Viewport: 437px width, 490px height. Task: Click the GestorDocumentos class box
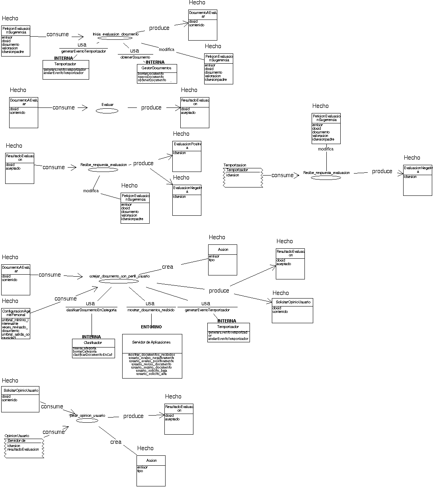coord(156,74)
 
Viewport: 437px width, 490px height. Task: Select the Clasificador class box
coord(93,348)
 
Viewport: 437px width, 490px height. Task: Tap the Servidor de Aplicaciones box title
coord(151,342)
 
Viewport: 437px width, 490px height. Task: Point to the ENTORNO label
coord(151,327)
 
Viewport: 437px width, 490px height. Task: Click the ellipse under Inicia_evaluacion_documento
coord(115,38)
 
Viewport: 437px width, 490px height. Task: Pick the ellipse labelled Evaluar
coord(107,111)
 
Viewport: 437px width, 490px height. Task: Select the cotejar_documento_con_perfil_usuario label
coord(119,276)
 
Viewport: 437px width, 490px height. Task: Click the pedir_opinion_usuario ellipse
coord(87,420)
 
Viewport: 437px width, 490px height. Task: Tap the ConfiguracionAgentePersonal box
coord(16,323)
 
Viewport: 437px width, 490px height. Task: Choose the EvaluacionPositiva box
coord(187,156)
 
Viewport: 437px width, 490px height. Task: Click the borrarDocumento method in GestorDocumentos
coord(151,74)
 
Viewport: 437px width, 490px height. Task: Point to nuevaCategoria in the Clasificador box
coord(84,348)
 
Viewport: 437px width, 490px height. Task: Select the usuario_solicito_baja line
coord(151,371)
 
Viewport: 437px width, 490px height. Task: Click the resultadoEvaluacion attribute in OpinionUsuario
coord(23,449)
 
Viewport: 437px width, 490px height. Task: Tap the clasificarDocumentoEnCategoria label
coord(91,310)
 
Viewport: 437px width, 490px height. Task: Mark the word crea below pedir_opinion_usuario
coord(116,442)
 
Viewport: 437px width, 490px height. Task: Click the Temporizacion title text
coord(235,165)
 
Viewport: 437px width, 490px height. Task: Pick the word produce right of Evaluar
coord(151,107)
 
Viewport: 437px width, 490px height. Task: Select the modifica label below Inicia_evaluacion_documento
coord(166,49)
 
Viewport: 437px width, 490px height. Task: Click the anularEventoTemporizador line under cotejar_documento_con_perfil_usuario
coord(228,339)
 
